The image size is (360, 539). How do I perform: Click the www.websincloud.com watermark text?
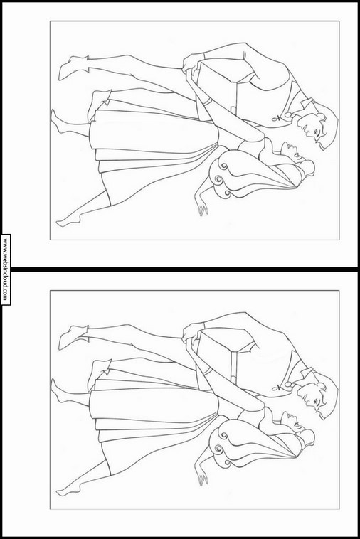click(5, 269)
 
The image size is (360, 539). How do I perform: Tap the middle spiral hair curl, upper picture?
click(218, 179)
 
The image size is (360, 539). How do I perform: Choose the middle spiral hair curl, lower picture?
click(218, 449)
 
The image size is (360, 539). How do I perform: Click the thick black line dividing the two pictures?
click(180, 269)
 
